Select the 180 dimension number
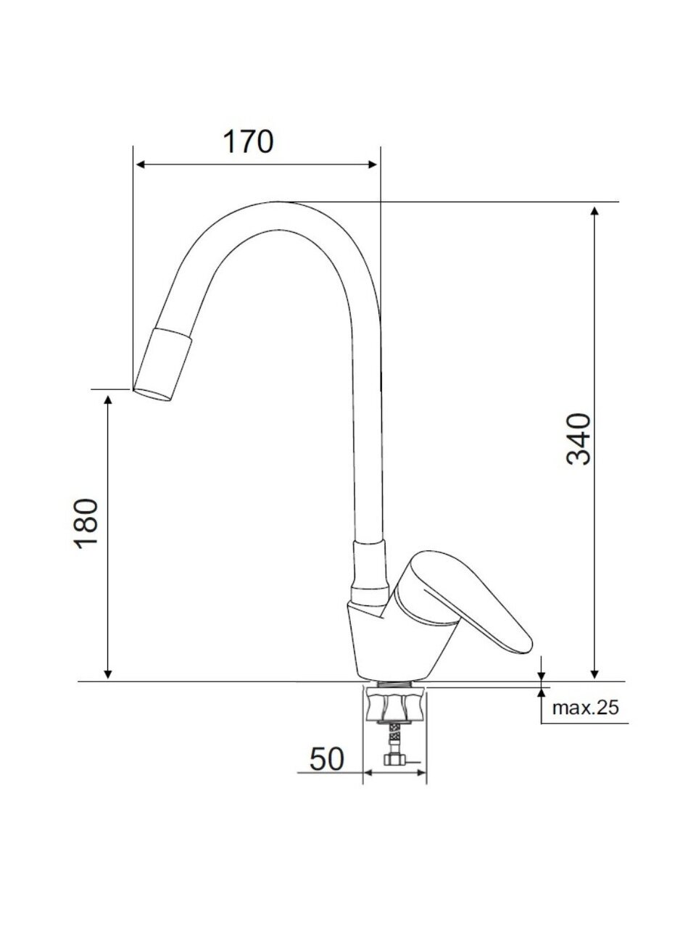86,524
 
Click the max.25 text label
586,719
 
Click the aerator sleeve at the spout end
162,364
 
